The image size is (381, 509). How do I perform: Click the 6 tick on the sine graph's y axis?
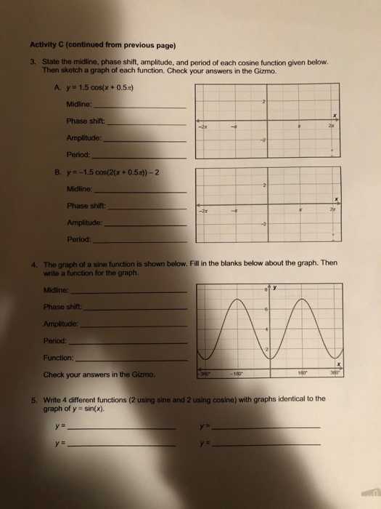pos(266,310)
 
